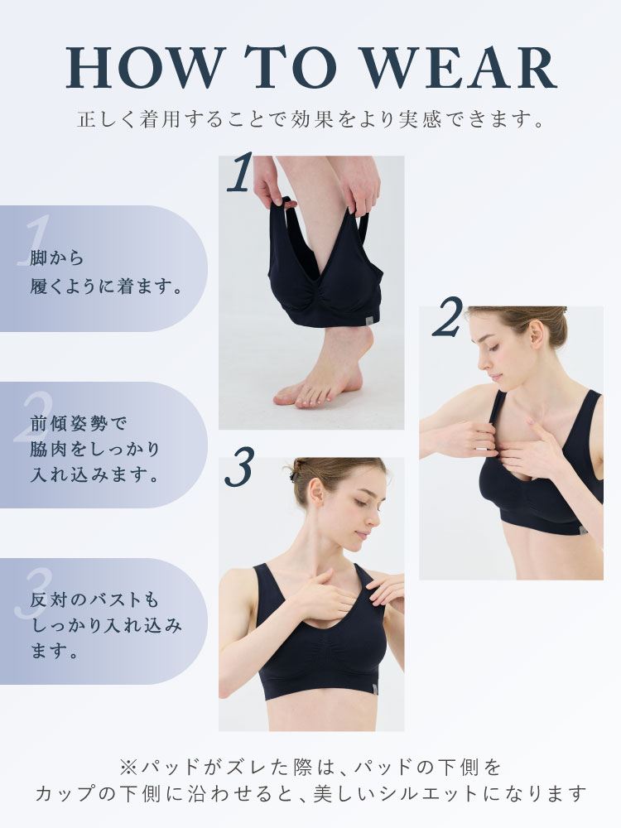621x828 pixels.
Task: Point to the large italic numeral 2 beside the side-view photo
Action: click(448, 316)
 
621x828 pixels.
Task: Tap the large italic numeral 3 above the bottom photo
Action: click(238, 466)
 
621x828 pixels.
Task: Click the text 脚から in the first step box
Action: click(57, 258)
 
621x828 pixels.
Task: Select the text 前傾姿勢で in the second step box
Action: click(78, 423)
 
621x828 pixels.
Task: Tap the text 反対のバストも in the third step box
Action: click(94, 599)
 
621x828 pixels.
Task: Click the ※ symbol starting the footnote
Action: click(128, 766)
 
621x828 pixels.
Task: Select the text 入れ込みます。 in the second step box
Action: click(95, 474)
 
